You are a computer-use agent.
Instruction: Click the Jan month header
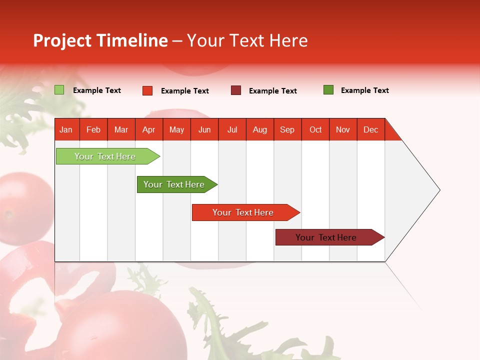[x=66, y=129]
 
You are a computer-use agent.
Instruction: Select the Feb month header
[x=93, y=129]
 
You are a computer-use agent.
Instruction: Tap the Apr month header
[x=148, y=129]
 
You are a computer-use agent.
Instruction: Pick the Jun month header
[x=204, y=129]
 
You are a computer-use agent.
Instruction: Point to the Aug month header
[x=259, y=129]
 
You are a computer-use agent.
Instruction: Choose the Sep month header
[x=287, y=129]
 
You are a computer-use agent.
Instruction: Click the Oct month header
[x=315, y=129]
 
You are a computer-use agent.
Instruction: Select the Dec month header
[x=370, y=129]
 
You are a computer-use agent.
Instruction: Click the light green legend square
[x=59, y=90]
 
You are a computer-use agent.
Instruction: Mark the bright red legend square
[x=147, y=90]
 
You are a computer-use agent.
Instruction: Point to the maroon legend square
[x=236, y=90]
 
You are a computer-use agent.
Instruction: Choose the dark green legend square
[x=328, y=90]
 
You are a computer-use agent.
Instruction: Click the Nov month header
[x=343, y=129]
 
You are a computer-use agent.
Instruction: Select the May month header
[x=176, y=129]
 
